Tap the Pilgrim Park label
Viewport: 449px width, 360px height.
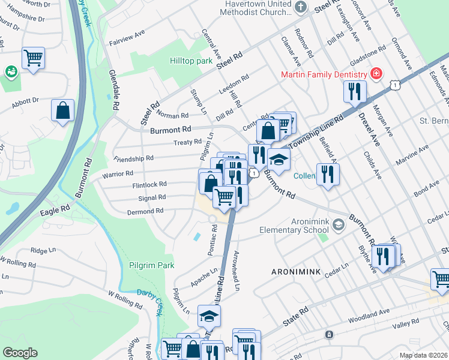[x=151, y=265]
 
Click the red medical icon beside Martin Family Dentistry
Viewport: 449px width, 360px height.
[x=376, y=74]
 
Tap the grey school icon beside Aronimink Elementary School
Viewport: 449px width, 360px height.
[x=338, y=225]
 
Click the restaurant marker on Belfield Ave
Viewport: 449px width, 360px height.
[x=327, y=175]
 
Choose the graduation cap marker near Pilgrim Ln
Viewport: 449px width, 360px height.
[x=209, y=316]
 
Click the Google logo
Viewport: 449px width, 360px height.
[x=20, y=353]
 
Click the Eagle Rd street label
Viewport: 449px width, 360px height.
[x=56, y=213]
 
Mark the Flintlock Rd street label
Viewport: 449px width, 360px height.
[x=149, y=185]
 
